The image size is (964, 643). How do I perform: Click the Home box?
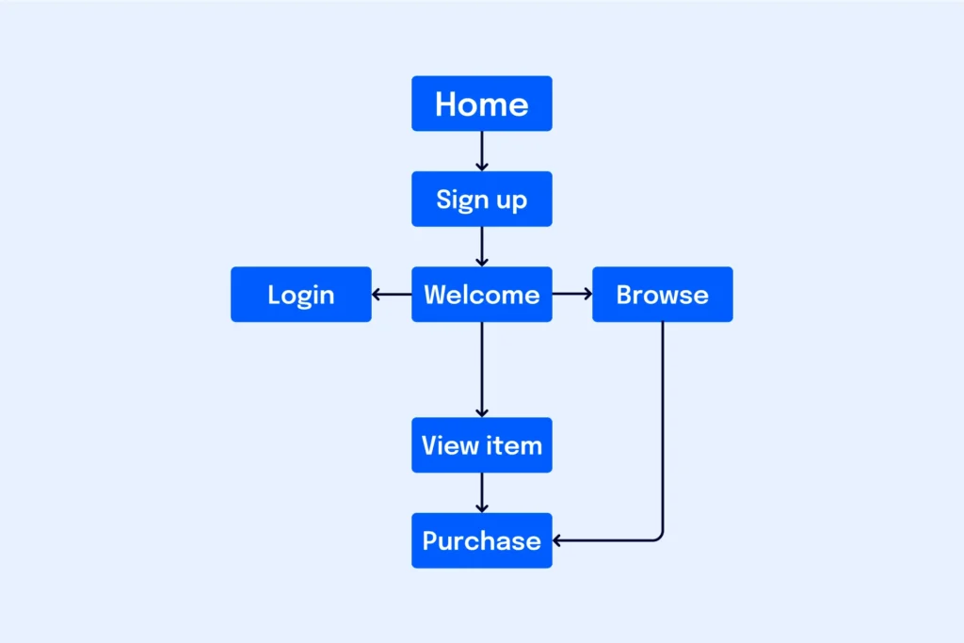[481, 104]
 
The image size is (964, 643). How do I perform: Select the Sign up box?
[481, 199]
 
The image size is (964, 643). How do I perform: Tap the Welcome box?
[481, 295]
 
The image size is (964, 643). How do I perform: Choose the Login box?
[300, 295]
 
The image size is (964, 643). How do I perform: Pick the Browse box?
[662, 295]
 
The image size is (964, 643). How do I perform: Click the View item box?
[481, 445]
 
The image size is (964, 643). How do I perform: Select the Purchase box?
[481, 540]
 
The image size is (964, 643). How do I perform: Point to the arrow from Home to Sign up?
[481, 151]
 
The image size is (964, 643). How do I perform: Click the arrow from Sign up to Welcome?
[481, 247]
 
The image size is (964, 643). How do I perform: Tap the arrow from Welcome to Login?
[392, 295]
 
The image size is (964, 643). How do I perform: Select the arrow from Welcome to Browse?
[571, 295]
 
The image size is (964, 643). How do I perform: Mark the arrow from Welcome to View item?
[481, 369]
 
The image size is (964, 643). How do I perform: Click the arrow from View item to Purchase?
[481, 492]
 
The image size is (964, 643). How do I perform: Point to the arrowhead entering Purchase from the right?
[557, 540]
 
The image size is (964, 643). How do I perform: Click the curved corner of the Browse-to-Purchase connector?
[659, 537]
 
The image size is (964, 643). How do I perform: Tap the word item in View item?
[513, 445]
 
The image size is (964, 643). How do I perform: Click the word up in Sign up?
[511, 201]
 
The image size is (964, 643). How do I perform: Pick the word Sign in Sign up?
[461, 200]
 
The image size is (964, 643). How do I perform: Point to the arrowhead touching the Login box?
[377, 295]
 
